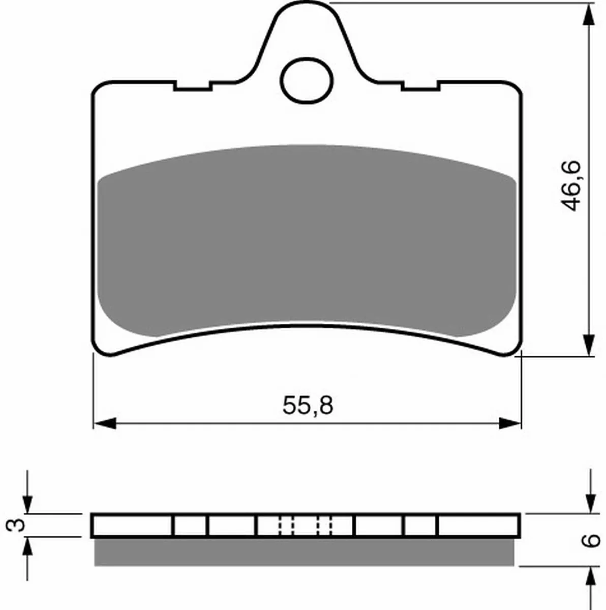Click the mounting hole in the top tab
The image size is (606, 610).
coord(306,81)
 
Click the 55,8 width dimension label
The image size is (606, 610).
coord(308,406)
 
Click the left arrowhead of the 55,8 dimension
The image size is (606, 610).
coord(105,423)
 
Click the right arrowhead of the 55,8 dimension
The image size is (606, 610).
coord(509,423)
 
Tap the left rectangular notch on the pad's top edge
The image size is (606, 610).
coord(193,87)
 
